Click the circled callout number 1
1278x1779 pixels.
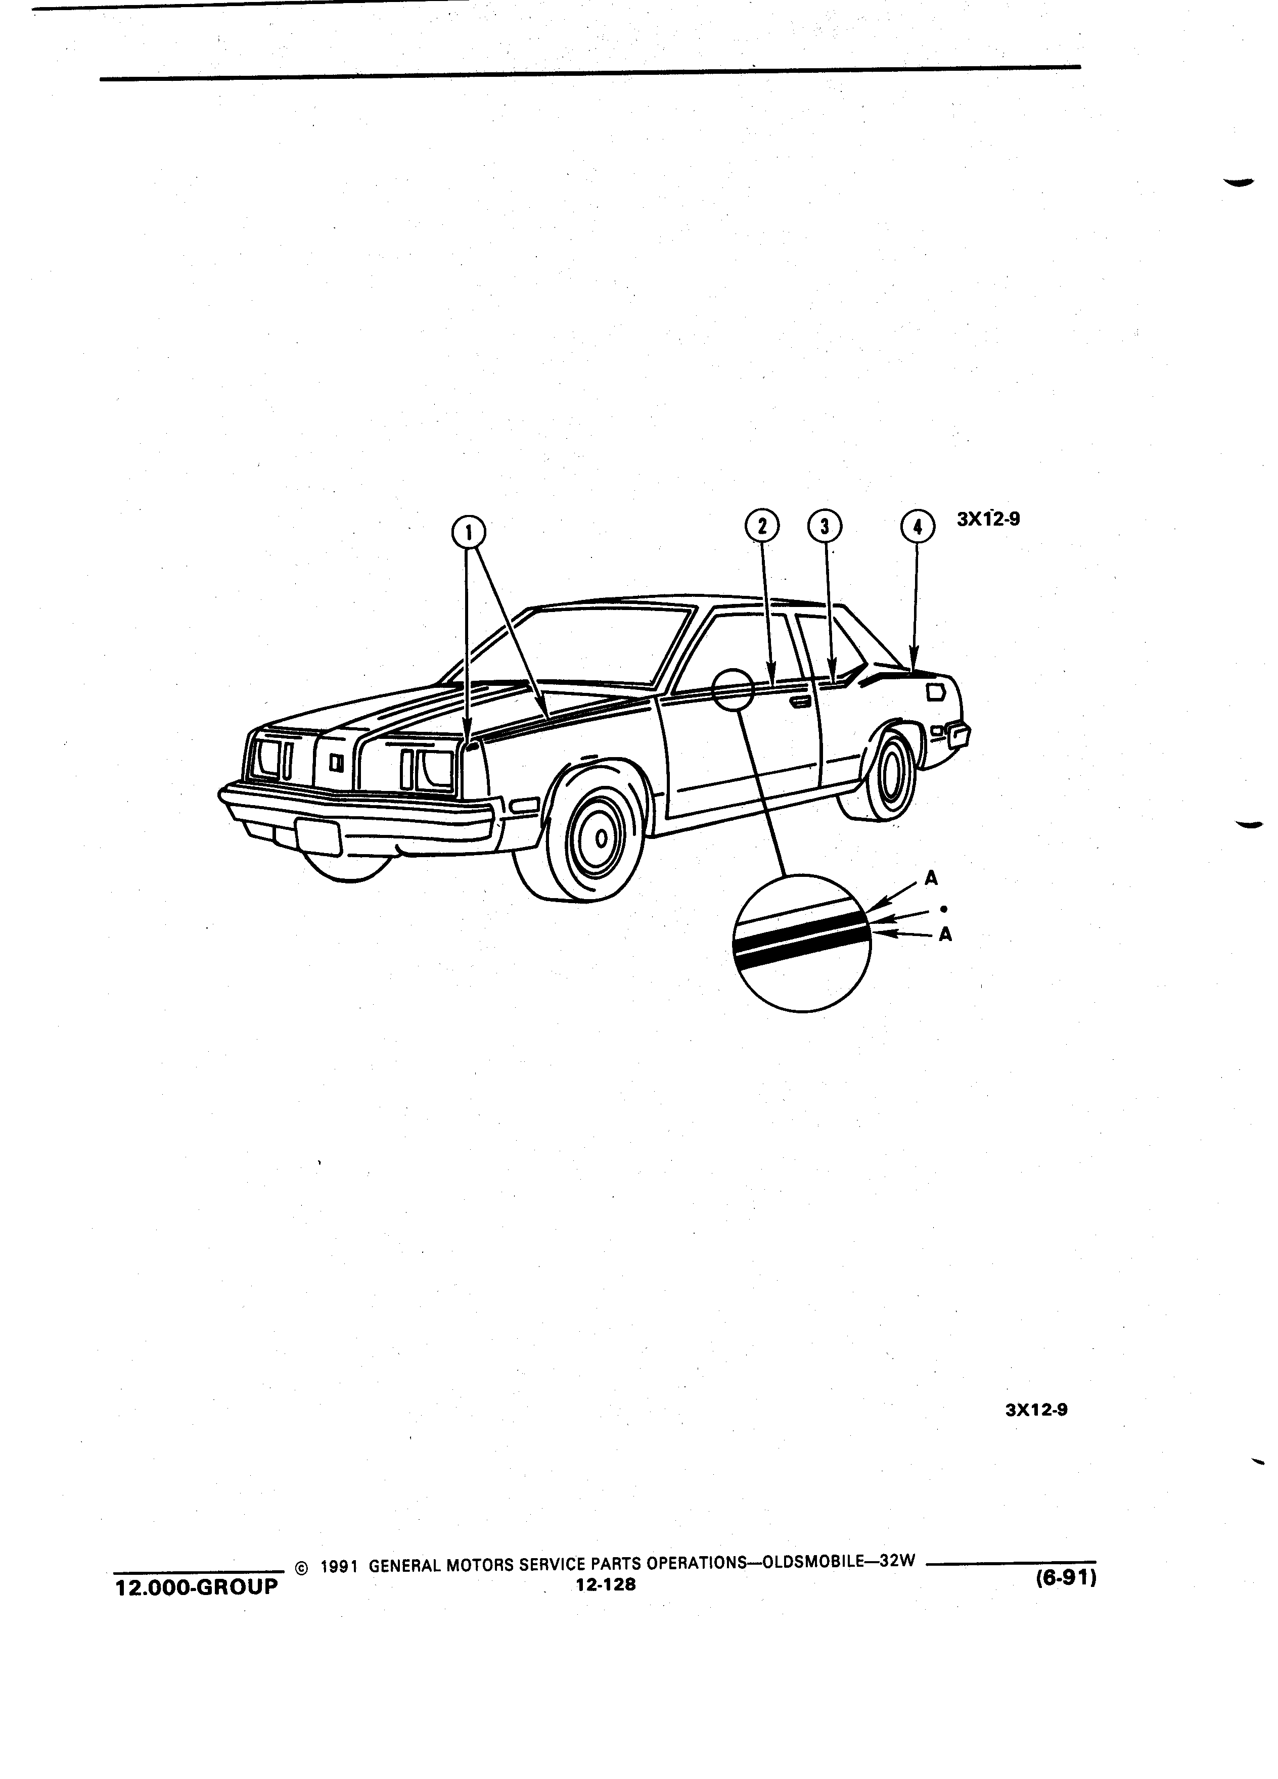468,533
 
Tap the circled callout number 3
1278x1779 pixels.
824,526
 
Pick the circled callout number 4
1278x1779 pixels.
917,526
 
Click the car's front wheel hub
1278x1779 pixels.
600,838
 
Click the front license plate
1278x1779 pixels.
318,837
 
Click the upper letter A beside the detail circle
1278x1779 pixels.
932,878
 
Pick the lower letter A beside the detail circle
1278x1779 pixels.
945,935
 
